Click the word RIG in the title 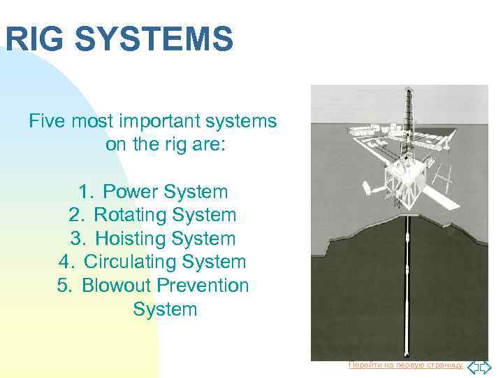33,38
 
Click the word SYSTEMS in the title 153,38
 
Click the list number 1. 84,191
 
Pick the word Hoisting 131,239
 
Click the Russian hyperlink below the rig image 405,365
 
